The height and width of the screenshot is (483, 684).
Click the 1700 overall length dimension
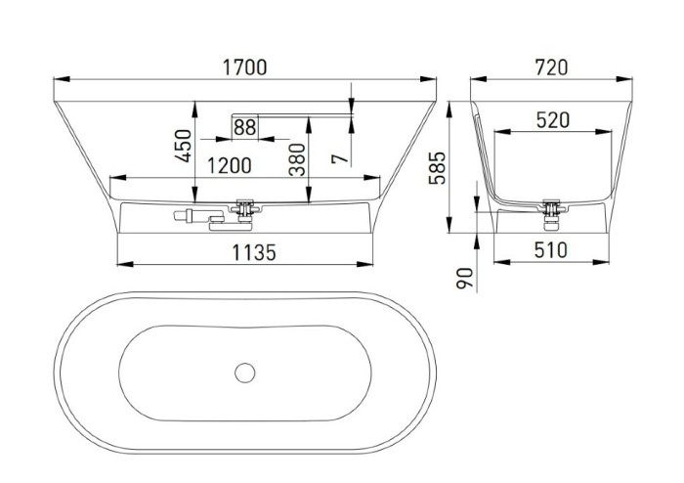click(244, 67)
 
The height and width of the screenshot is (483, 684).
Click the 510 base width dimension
click(551, 250)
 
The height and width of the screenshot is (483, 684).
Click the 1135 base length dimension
click(253, 252)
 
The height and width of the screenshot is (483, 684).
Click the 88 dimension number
click(245, 127)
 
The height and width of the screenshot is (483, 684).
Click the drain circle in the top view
click(244, 373)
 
